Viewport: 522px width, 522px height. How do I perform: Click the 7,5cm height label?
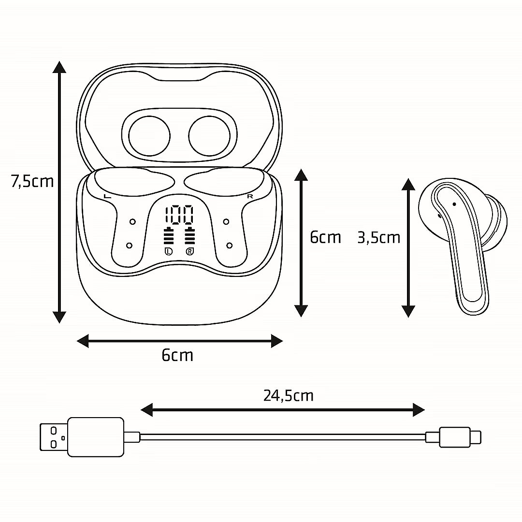(32, 181)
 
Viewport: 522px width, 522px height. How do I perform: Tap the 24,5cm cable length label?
(288, 396)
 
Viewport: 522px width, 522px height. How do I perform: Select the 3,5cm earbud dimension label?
(378, 238)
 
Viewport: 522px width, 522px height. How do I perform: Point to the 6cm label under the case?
(177, 355)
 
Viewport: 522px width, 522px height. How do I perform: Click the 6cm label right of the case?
(325, 237)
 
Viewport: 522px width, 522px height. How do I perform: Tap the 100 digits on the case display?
(179, 215)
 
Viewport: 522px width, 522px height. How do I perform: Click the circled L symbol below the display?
(169, 251)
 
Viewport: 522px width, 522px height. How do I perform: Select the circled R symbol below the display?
(189, 251)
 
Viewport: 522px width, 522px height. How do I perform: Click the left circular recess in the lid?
(149, 136)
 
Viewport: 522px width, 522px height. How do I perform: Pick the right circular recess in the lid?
(209, 136)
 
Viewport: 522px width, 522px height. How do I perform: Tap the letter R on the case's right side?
(250, 196)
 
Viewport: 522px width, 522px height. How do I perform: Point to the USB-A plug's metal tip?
(54, 437)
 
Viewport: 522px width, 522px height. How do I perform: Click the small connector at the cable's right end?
(460, 437)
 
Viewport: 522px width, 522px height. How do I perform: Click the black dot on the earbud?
(454, 204)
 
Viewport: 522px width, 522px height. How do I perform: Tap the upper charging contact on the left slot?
(132, 222)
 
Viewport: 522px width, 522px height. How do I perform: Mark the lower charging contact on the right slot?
(229, 246)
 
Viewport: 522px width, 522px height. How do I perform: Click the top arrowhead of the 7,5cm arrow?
(59, 67)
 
